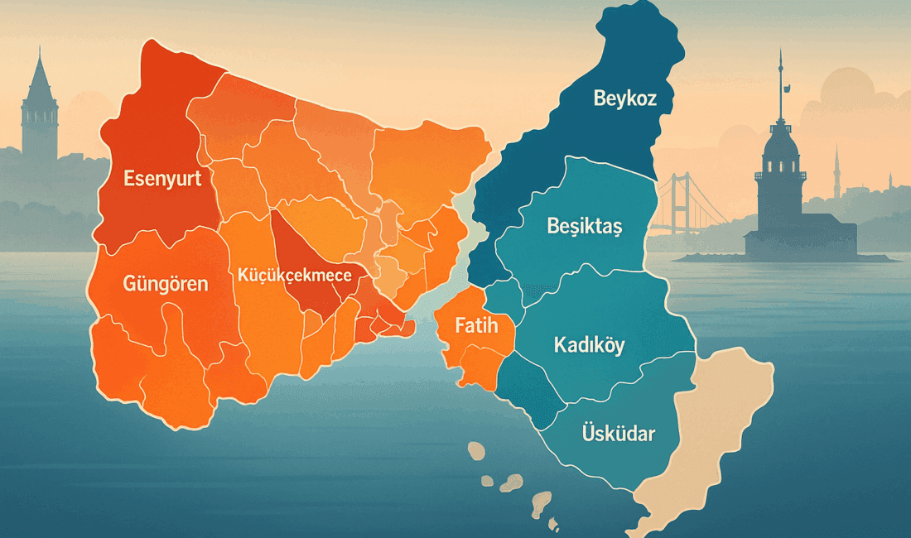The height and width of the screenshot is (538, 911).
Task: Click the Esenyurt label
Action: click(x=162, y=178)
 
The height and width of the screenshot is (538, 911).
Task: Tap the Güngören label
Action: click(x=165, y=284)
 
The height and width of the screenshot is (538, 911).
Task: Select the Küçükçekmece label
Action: click(x=294, y=276)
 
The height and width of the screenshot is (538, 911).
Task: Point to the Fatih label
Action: click(x=476, y=326)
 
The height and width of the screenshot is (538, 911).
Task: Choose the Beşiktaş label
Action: click(x=585, y=225)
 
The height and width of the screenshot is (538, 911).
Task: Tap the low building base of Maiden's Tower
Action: click(x=799, y=242)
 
